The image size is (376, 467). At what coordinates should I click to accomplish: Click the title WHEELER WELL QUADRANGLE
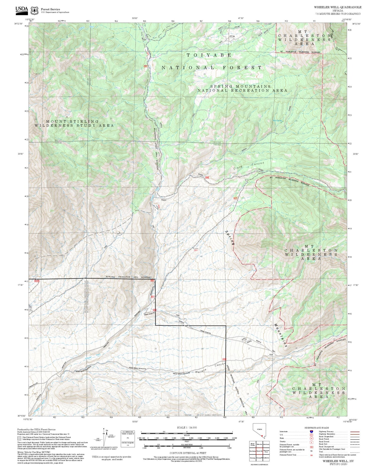pos(338,7)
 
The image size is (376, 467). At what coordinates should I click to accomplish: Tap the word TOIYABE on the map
pos(209,55)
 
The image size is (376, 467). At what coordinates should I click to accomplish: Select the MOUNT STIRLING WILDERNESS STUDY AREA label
pos(74,123)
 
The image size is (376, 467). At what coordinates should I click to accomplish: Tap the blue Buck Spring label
pos(277,121)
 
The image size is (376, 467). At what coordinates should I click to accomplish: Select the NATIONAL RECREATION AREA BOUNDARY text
pos(129,277)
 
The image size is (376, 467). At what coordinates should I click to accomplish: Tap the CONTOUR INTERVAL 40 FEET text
pos(188,453)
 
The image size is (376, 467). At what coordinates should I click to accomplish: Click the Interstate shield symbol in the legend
pos(311,431)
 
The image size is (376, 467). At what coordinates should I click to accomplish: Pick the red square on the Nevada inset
pos(262,436)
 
